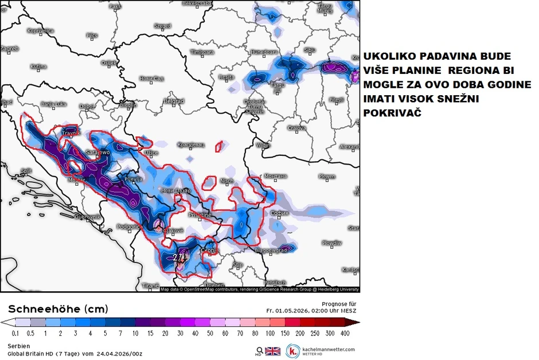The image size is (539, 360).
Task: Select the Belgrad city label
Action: pyautogui.click(x=174, y=101)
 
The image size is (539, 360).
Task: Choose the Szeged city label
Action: pyautogui.click(x=162, y=26)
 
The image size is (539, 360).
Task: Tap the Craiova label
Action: pyautogui.click(x=296, y=128)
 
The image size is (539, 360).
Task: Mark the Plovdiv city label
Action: pyautogui.click(x=331, y=243)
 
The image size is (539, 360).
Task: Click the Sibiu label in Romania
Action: pyautogui.click(x=310, y=50)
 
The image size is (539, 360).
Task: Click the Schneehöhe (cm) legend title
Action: pyautogui.click(x=57, y=309)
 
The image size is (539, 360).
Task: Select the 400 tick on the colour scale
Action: pyautogui.click(x=345, y=332)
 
